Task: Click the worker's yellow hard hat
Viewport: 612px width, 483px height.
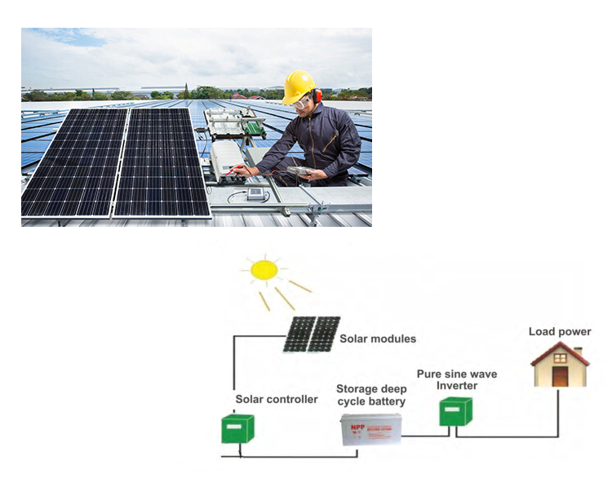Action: pyautogui.click(x=299, y=84)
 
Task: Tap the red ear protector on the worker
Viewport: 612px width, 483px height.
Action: pyautogui.click(x=317, y=96)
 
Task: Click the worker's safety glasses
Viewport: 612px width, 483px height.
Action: pyautogui.click(x=303, y=102)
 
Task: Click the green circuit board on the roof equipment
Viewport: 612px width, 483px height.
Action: pyautogui.click(x=254, y=127)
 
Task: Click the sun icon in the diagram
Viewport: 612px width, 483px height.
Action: pyautogui.click(x=264, y=270)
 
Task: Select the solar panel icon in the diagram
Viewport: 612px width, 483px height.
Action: pyautogui.click(x=312, y=334)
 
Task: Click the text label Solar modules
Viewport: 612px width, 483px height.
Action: pyautogui.click(x=378, y=339)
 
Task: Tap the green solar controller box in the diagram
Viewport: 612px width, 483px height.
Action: pyautogui.click(x=237, y=428)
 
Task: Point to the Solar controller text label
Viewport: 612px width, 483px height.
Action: pyautogui.click(x=277, y=399)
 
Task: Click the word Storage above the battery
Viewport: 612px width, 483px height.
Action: pyautogui.click(x=360, y=388)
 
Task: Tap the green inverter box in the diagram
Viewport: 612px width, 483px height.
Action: pyautogui.click(x=455, y=410)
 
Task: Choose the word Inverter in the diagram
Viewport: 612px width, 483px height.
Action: pyautogui.click(x=456, y=386)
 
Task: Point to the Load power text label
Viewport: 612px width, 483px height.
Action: pyautogui.click(x=560, y=331)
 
